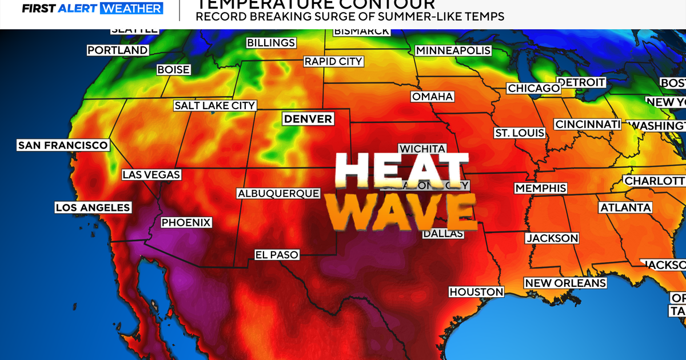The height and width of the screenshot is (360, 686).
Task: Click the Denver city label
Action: [x=308, y=119]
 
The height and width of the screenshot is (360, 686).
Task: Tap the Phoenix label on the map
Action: [x=186, y=222]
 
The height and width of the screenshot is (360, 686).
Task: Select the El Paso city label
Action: [x=277, y=255]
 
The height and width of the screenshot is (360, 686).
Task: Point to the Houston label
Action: [x=476, y=291]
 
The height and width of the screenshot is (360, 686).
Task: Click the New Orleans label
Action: [x=565, y=283]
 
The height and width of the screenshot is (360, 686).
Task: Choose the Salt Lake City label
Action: [x=215, y=106]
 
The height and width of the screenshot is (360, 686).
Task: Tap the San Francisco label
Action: [x=63, y=145]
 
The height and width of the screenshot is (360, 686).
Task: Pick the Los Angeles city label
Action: [x=93, y=207]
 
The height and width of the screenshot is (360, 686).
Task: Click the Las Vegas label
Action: [x=151, y=174]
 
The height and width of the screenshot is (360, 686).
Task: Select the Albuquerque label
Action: [x=278, y=193]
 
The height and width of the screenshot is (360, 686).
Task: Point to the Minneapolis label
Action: [x=453, y=50]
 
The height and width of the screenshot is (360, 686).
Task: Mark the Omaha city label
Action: [x=433, y=97]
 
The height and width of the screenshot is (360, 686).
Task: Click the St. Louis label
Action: [x=519, y=133]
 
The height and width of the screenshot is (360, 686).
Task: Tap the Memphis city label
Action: [x=540, y=188]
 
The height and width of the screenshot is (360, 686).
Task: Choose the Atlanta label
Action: [x=625, y=207]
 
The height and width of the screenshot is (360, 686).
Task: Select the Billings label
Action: [x=271, y=43]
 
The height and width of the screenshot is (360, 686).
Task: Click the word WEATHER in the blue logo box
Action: [x=131, y=9]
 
